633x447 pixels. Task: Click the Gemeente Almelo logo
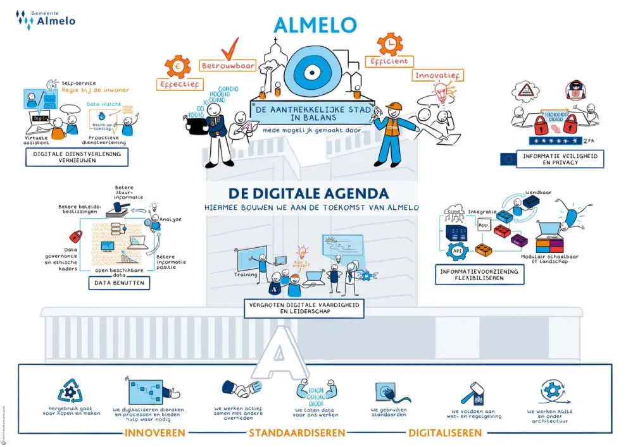[47, 18]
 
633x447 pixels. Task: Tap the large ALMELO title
[315, 25]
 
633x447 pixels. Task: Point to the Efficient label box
[389, 61]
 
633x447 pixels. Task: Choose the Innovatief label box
[438, 75]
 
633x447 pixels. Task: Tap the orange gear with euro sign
[177, 66]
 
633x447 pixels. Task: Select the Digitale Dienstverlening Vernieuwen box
[77, 157]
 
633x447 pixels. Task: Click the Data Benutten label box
[120, 283]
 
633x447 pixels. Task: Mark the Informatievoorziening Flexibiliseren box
[480, 275]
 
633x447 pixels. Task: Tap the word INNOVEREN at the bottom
[155, 433]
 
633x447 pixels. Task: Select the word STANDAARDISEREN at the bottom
[297, 433]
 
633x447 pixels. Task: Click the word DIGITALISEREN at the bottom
[445, 433]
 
